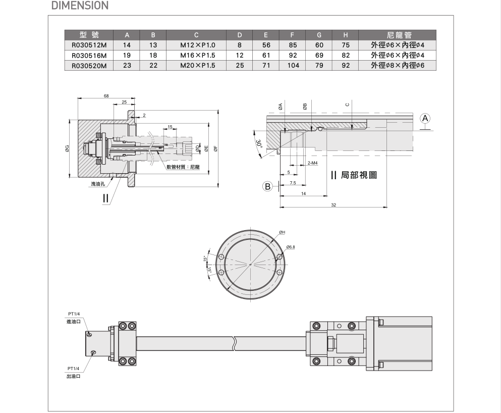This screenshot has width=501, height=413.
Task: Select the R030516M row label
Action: tap(89, 55)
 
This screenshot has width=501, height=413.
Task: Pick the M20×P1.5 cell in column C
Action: tap(198, 65)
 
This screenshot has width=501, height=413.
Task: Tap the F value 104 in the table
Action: tap(293, 65)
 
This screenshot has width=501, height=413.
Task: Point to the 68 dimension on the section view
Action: tap(106, 95)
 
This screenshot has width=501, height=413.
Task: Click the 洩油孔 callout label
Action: tap(97, 184)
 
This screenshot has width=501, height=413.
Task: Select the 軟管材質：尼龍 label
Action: tap(183, 167)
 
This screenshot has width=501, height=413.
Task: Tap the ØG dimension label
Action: tap(67, 148)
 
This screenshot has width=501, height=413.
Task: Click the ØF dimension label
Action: tap(215, 148)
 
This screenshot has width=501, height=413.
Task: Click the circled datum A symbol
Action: tap(425, 118)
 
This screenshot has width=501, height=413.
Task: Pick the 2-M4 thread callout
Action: tap(312, 163)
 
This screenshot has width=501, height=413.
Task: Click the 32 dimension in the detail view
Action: tap(333, 204)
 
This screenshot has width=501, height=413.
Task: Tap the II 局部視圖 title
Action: tap(354, 175)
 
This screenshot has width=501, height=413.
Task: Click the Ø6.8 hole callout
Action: tap(290, 247)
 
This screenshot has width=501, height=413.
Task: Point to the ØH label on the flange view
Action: tap(282, 232)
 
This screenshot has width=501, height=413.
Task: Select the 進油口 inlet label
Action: tap(73, 322)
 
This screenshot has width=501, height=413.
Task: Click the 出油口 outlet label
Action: tap(73, 376)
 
